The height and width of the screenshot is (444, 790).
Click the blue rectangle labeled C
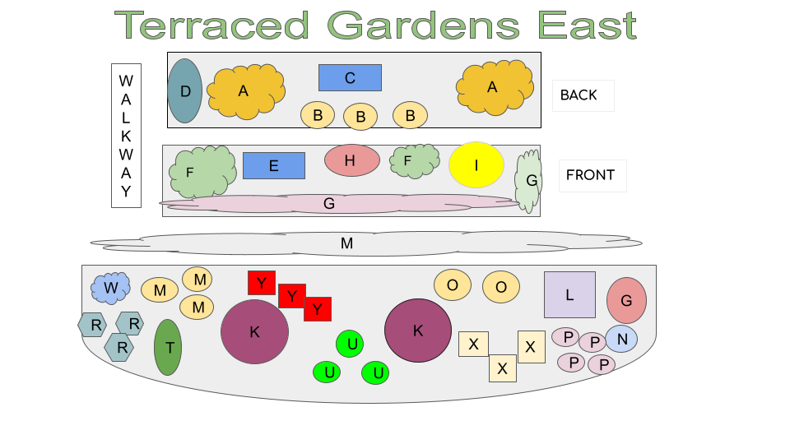point(350,77)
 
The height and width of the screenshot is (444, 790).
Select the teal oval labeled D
point(185,91)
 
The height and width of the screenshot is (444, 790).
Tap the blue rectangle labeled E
point(273,165)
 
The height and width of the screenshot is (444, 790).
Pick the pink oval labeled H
point(351,160)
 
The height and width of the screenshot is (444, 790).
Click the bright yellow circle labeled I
point(476,164)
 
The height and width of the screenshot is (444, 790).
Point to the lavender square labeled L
point(569,294)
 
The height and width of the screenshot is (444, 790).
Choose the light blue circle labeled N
point(622,339)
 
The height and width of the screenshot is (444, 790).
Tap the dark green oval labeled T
point(168,347)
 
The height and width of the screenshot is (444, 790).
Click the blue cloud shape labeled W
point(110,288)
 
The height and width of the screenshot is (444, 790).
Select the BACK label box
point(583,95)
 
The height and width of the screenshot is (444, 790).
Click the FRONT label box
point(592,176)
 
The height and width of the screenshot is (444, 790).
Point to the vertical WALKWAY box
point(126,136)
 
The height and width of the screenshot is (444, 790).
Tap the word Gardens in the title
point(423,25)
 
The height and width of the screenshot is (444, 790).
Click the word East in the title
point(588,25)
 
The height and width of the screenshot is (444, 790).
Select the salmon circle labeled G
point(626,300)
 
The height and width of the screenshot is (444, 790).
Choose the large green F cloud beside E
point(202,172)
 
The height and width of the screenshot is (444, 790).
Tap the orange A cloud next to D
point(246,91)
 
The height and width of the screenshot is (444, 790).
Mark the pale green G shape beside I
point(528,181)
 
